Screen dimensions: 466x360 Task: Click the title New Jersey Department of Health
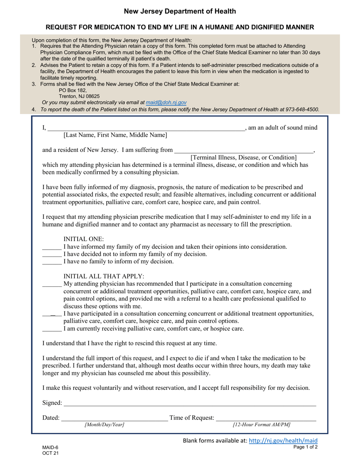click(180, 11)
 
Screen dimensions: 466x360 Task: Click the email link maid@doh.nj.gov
click(166, 102)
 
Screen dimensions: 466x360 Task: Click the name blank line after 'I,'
click(146, 128)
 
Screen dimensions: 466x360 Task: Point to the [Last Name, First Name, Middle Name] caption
click(115, 135)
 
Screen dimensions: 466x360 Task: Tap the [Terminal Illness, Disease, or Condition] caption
click(243, 157)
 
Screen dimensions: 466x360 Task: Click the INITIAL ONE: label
click(83, 239)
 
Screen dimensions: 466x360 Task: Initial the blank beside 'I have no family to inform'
click(52, 262)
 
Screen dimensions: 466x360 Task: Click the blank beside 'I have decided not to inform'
click(52, 254)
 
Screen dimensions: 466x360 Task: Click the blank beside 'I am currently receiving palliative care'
click(52, 329)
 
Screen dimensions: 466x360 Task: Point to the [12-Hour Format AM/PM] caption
click(261, 425)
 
